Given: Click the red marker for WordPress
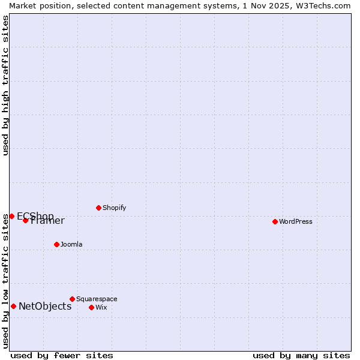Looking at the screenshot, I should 275,221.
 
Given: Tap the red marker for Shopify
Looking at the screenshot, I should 98,208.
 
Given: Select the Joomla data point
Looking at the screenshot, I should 56,244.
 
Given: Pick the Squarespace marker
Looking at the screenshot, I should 72,299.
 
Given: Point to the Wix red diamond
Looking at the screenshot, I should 91,307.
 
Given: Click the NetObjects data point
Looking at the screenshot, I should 13,306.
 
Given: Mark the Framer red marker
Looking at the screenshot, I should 25,220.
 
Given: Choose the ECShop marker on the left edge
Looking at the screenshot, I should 11,216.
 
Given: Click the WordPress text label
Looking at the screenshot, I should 296,221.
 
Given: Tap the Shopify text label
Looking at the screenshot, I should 114,208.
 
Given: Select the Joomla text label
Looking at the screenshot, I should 71,244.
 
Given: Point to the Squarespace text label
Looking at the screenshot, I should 97,299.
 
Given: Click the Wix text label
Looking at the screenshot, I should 101,307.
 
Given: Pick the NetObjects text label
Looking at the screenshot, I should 45,306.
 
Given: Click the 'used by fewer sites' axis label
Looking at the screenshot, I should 62,355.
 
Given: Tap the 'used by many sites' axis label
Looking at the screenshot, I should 301,355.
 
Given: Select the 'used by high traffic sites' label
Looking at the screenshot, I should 5,85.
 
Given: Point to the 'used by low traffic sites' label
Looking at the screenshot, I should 5,281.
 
